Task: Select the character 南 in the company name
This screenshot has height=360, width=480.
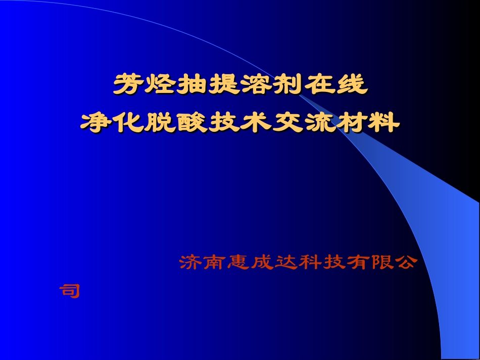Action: click(x=215, y=262)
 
